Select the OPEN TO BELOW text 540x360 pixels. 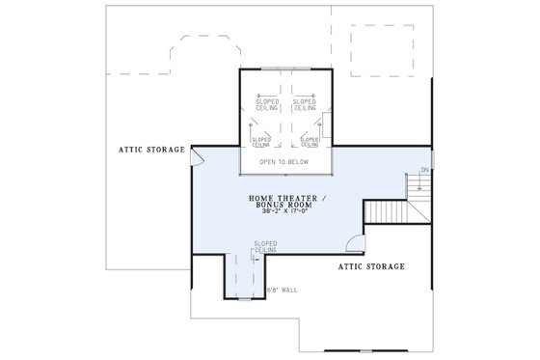tap(284, 162)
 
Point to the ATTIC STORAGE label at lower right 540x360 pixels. tap(370, 265)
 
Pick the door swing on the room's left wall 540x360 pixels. tap(197, 157)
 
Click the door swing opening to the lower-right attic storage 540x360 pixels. tap(355, 247)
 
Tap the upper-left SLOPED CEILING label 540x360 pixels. tap(267, 104)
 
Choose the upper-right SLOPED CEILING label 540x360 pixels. tap(304, 104)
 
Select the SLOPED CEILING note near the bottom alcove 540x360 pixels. tap(265, 248)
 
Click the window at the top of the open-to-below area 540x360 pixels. tap(285, 69)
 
